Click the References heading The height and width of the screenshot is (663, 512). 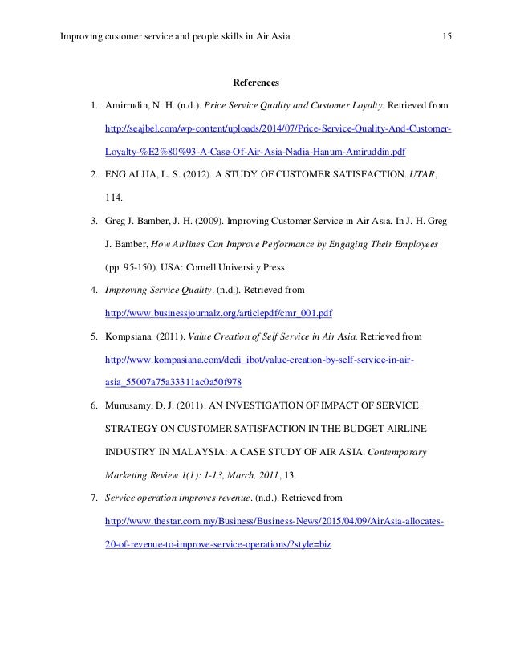pyautogui.click(x=255, y=83)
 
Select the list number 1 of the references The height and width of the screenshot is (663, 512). pyautogui.click(x=93, y=105)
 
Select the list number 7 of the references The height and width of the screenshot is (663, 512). pyautogui.click(x=93, y=498)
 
